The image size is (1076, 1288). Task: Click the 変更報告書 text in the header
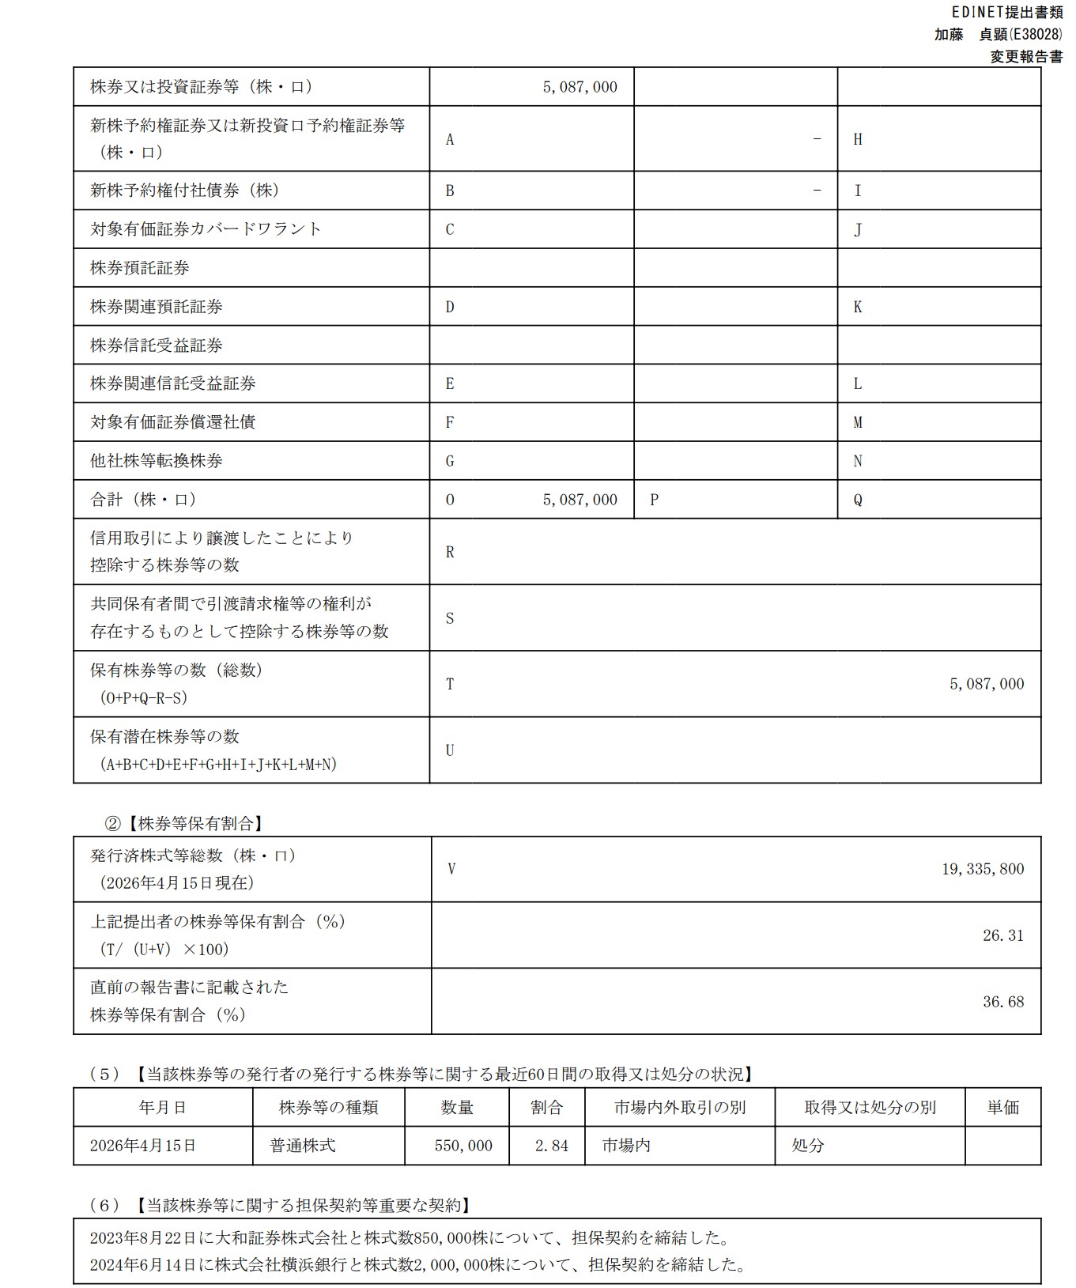point(1026,57)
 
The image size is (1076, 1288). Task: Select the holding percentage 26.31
point(1002,935)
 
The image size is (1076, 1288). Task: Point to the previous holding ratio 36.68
point(1002,1002)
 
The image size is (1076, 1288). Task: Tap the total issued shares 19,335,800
point(982,869)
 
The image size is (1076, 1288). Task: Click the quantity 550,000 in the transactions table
point(463,1146)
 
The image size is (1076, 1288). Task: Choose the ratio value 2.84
point(551,1146)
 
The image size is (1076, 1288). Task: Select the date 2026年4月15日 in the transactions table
point(143,1146)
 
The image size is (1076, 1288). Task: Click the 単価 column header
point(1002,1108)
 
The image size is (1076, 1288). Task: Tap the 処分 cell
point(808,1146)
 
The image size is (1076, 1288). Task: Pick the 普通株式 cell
point(303,1146)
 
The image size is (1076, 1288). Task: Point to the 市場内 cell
point(626,1146)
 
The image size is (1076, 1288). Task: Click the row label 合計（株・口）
point(143,500)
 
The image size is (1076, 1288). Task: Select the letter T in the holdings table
point(450,685)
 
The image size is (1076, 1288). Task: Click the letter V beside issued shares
point(451,869)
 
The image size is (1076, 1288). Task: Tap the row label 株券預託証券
point(140,268)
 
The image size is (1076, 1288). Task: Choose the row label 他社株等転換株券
point(157,461)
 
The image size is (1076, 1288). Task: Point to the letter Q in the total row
point(858,500)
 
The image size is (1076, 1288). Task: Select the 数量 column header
point(457,1108)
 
